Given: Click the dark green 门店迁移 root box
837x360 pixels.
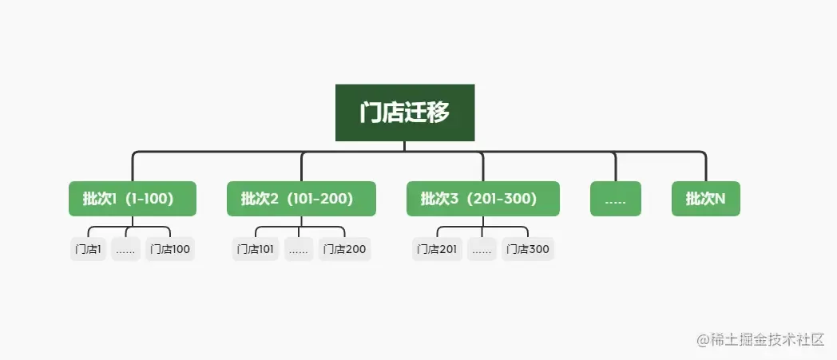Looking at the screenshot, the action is pyautogui.click(x=405, y=113).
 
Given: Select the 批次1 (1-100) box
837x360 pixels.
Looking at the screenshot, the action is pyautogui.click(x=133, y=199).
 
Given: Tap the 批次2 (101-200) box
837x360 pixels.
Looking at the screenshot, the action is pyautogui.click(x=301, y=199).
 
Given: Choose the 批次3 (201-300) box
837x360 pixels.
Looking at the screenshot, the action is pyautogui.click(x=483, y=199).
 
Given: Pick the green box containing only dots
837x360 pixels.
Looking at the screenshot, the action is pyautogui.click(x=616, y=199).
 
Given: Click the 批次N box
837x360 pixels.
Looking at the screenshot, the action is pyautogui.click(x=706, y=199).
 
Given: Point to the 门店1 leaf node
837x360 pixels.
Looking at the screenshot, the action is pyautogui.click(x=88, y=249).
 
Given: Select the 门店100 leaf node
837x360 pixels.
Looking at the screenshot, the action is pyautogui.click(x=170, y=249).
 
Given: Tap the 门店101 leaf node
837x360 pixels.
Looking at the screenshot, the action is pyautogui.click(x=255, y=249).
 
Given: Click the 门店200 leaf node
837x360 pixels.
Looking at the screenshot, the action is pyautogui.click(x=344, y=249).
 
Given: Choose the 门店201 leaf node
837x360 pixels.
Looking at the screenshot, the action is pyautogui.click(x=437, y=249).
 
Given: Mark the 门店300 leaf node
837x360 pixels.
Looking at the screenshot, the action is pyautogui.click(x=527, y=249).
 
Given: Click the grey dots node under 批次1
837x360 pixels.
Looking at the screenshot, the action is pyautogui.click(x=125, y=249).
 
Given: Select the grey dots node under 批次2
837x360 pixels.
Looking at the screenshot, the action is pyautogui.click(x=299, y=249).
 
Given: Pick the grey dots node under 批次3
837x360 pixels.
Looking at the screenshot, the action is pyautogui.click(x=482, y=249).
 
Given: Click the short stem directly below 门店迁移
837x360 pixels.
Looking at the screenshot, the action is pyautogui.click(x=405, y=146).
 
